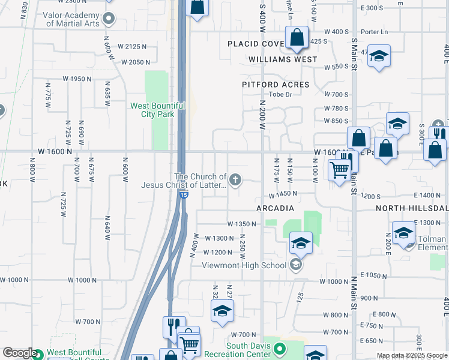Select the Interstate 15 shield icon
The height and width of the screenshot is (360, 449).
184,195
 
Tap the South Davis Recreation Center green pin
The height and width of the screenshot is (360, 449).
279,347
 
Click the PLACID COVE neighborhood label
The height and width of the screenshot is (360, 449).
255,44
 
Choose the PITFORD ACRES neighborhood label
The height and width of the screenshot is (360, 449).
276,85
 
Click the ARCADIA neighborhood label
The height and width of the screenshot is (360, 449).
275,208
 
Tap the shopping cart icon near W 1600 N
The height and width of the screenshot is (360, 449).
339,169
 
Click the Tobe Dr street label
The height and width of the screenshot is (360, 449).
280,95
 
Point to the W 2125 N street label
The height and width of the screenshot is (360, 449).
133,46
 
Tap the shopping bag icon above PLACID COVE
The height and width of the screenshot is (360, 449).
297,38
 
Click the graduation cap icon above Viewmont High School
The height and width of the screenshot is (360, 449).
301,243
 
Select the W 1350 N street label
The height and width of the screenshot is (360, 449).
242,224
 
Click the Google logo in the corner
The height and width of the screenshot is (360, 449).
19,353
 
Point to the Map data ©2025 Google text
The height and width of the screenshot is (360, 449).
412,355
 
